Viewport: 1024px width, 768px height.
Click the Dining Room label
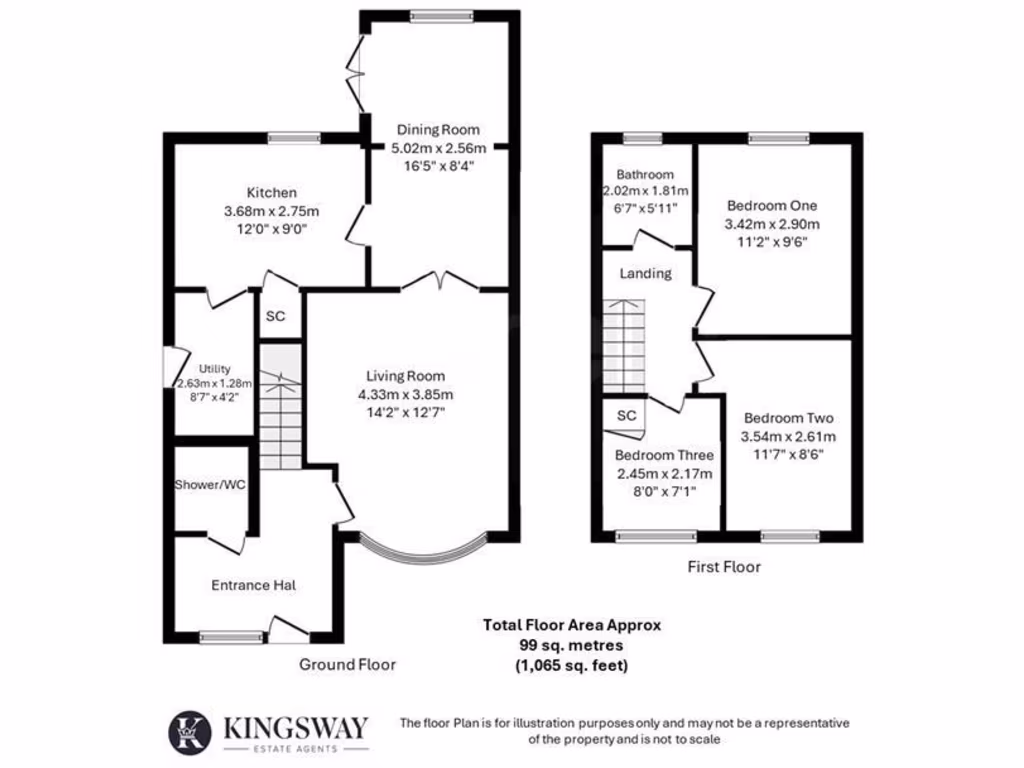point(438,129)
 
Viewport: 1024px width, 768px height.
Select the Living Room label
point(405,376)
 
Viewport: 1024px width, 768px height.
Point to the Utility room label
point(214,368)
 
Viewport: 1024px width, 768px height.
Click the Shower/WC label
point(210,485)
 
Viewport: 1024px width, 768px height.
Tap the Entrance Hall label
point(252,585)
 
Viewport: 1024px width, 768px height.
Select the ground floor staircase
point(280,406)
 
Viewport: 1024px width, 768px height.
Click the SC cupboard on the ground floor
point(275,316)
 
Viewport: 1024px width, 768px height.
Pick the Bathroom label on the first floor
point(645,174)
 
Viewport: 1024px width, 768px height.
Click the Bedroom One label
point(771,206)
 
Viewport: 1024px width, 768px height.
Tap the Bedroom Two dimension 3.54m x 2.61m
point(788,436)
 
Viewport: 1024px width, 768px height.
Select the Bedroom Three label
point(663,456)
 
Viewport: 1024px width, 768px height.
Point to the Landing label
point(645,273)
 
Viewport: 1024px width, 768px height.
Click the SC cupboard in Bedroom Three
point(626,416)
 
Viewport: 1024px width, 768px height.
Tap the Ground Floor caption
point(348,664)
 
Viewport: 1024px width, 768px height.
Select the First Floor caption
point(723,567)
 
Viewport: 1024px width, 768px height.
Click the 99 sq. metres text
point(571,645)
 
